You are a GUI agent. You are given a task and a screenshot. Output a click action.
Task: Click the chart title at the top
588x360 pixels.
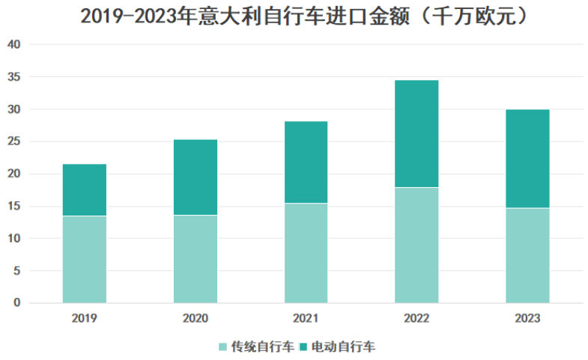pyautogui.click(x=294, y=16)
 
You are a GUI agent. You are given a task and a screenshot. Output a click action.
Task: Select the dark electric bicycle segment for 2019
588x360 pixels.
pyautogui.click(x=84, y=190)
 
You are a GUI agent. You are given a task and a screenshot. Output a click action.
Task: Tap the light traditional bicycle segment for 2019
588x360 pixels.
pyautogui.click(x=84, y=259)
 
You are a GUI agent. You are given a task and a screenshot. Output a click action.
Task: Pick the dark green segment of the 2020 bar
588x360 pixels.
pyautogui.click(x=195, y=177)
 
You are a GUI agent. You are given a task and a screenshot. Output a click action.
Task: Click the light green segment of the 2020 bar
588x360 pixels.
pyautogui.click(x=195, y=259)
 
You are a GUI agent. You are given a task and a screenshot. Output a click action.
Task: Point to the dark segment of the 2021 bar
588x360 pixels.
pyautogui.click(x=306, y=162)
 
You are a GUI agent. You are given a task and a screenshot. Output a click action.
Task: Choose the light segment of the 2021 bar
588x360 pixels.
pyautogui.click(x=306, y=253)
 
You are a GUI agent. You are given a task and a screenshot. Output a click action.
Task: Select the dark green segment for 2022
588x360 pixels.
pyautogui.click(x=416, y=133)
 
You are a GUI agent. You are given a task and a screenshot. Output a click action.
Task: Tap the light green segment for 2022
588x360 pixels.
pyautogui.click(x=416, y=245)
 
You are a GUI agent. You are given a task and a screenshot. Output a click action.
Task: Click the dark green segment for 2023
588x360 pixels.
pyautogui.click(x=527, y=159)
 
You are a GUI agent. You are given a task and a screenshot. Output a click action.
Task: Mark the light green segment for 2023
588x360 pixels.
pyautogui.click(x=527, y=255)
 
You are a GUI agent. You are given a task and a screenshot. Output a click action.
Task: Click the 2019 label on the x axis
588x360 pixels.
pyautogui.click(x=84, y=318)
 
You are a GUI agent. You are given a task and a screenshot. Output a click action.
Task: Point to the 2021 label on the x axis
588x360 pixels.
pyautogui.click(x=306, y=318)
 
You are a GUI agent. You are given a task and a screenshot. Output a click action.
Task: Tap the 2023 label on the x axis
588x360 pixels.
pyautogui.click(x=527, y=318)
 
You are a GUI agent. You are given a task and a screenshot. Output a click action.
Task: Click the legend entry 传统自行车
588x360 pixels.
pyautogui.click(x=256, y=347)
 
